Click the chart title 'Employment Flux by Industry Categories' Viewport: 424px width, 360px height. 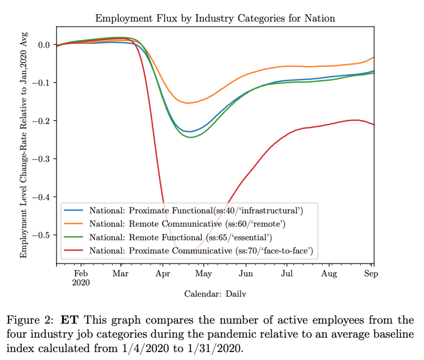(x=215, y=18)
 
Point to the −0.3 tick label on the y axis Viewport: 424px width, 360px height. (x=43, y=159)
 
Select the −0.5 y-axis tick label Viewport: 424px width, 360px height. (x=43, y=235)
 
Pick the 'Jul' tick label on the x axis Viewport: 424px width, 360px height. (x=287, y=274)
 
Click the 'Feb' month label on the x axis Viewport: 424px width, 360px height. (x=81, y=274)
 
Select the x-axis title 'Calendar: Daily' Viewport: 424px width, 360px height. (x=215, y=294)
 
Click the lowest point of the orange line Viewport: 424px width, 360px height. (x=188, y=103)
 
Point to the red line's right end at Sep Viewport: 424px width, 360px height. (x=373, y=124)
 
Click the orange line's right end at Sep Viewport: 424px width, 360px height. (x=373, y=57)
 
